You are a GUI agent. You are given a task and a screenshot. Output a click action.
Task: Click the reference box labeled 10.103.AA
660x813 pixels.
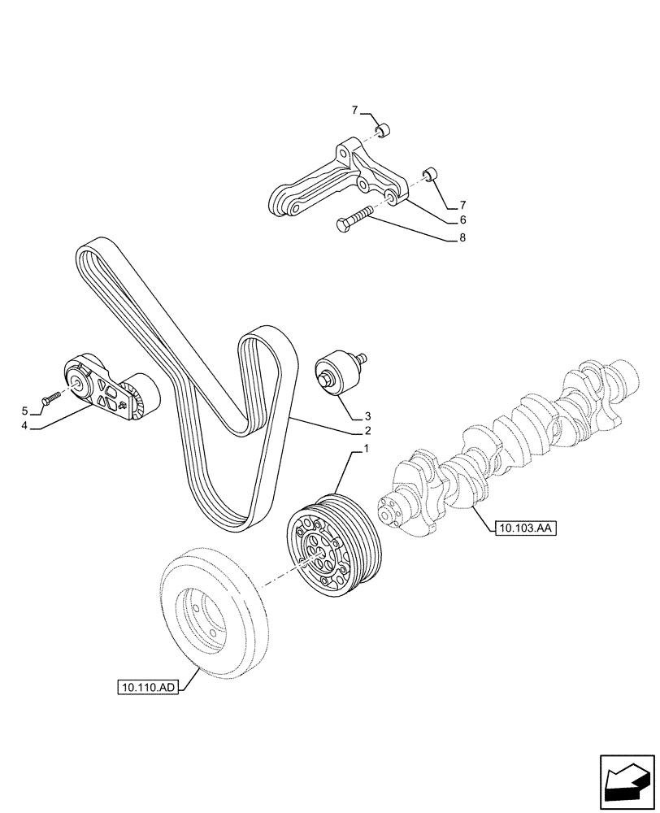click(x=523, y=528)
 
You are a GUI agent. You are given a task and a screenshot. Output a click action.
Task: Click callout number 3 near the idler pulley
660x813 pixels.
click(x=367, y=414)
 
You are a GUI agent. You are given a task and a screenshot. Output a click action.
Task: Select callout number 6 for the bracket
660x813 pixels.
click(x=462, y=220)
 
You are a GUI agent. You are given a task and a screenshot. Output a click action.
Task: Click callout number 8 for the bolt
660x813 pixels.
click(x=462, y=238)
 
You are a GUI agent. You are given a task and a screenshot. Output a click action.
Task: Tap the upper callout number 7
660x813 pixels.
click(x=354, y=110)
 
